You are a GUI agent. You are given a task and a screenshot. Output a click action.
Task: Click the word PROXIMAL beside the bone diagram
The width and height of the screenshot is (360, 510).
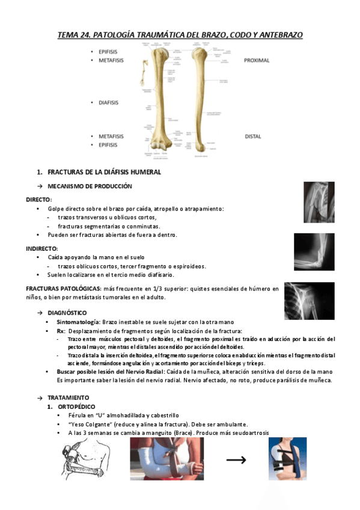[x=257, y=61]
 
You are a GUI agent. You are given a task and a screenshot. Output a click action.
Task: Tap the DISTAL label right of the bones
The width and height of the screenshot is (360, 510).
[x=252, y=137]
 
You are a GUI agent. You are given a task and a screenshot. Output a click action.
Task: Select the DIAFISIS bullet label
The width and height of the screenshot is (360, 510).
[x=108, y=102]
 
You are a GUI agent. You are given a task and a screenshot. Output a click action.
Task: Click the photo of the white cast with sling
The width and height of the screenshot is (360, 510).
[x=166, y=459]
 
